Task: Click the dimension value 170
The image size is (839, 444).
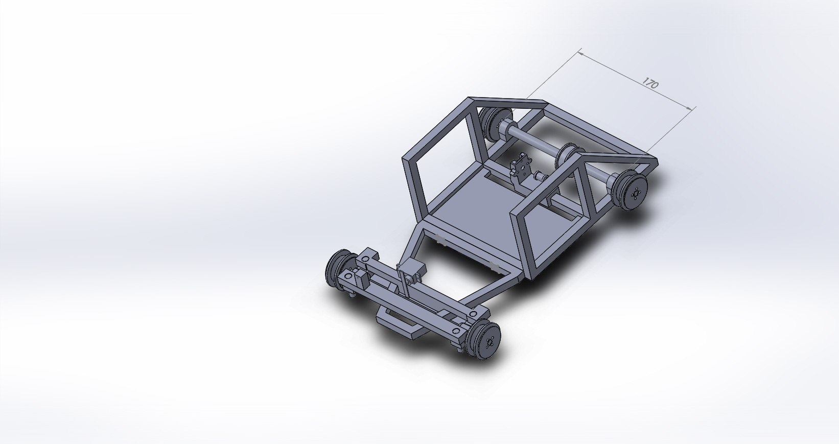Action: point(650,83)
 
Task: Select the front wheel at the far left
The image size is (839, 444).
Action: point(341,268)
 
